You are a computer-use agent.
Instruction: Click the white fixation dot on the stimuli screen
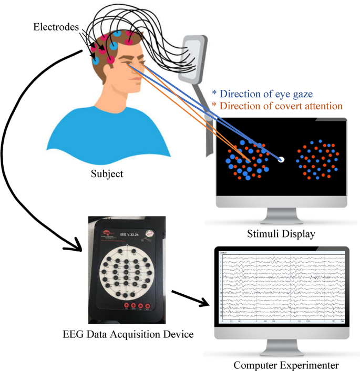click(281, 159)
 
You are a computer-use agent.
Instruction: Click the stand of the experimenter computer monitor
click(282, 348)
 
